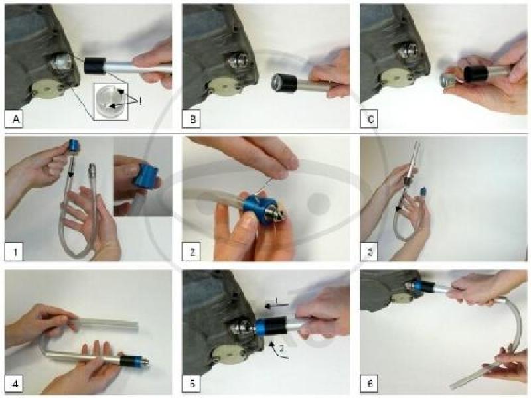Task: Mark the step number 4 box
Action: point(13,384)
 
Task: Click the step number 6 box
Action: point(369,384)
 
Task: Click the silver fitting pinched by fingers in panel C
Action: point(449,80)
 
